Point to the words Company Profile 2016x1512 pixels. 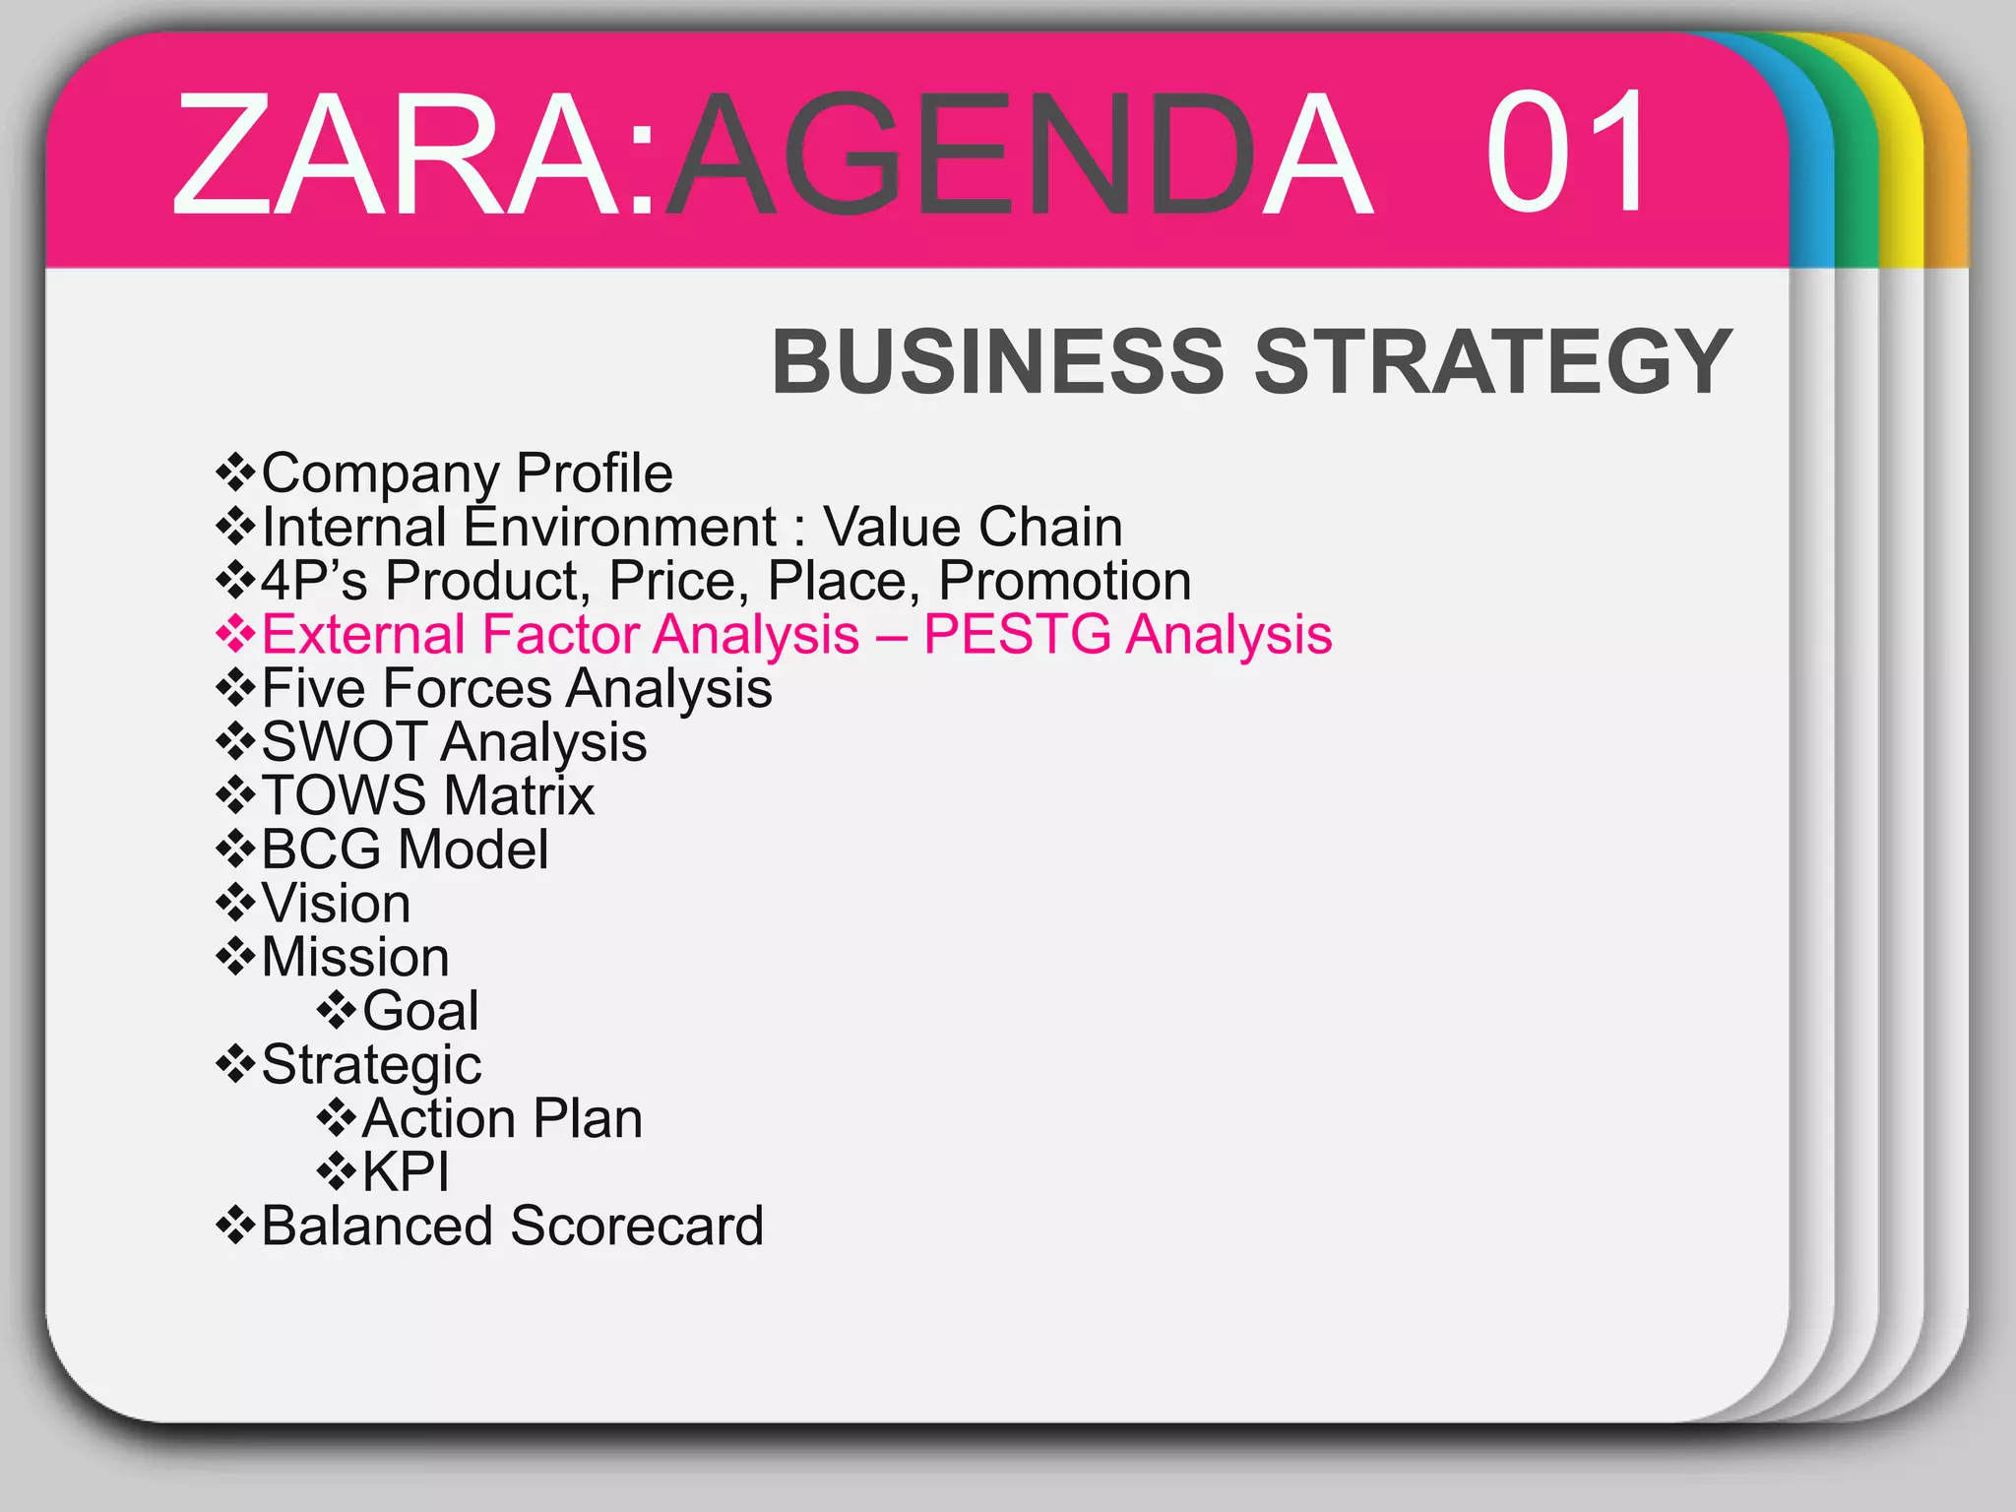point(467,473)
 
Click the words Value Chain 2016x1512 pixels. point(973,527)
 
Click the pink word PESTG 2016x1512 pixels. point(1018,634)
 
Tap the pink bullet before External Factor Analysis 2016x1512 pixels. point(235,634)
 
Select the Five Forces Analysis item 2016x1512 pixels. point(516,688)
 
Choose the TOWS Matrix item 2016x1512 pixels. point(427,795)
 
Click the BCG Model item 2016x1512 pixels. point(405,850)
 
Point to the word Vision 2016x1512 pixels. point(336,904)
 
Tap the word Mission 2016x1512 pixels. point(355,957)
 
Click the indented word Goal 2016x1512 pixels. point(420,1011)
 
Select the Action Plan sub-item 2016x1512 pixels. point(502,1118)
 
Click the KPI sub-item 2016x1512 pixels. point(406,1171)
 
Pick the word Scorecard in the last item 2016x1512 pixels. point(636,1226)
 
